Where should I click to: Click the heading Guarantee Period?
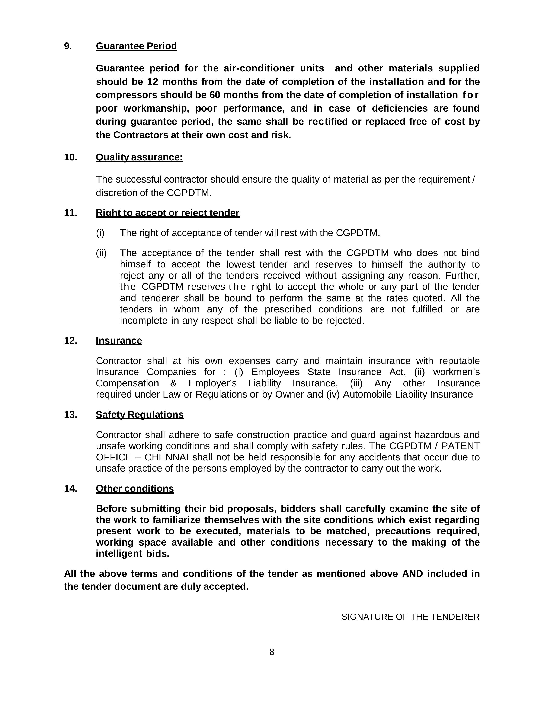tap(136, 46)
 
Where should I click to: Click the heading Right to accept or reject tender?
tap(167, 213)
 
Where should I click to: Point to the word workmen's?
tap(456, 372)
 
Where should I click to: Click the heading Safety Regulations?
tap(140, 415)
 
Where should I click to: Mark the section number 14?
tap(70, 489)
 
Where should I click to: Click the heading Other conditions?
tap(135, 489)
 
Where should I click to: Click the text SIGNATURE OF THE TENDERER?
tap(410, 617)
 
